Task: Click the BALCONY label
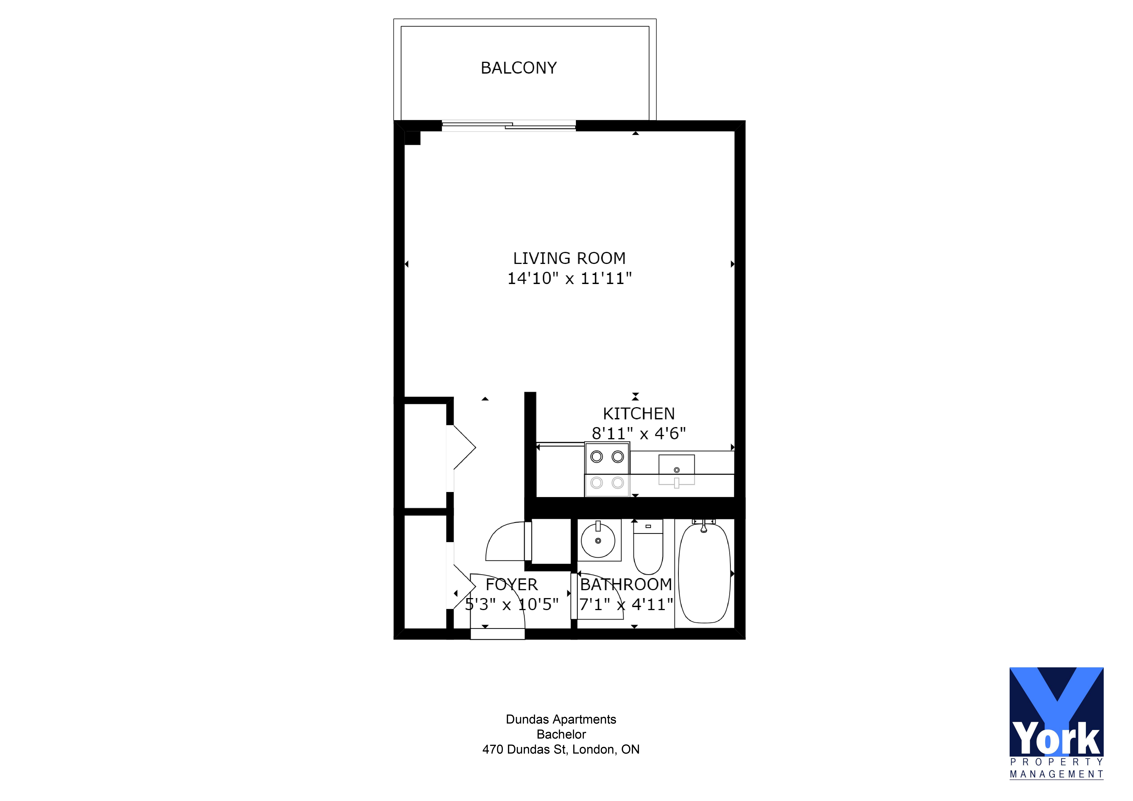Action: tap(519, 68)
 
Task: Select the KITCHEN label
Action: tap(639, 413)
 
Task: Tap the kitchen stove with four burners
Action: tap(607, 469)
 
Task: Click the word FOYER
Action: tap(511, 585)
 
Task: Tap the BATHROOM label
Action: tap(626, 585)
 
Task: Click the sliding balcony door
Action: tap(509, 126)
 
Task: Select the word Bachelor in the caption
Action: tap(561, 734)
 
